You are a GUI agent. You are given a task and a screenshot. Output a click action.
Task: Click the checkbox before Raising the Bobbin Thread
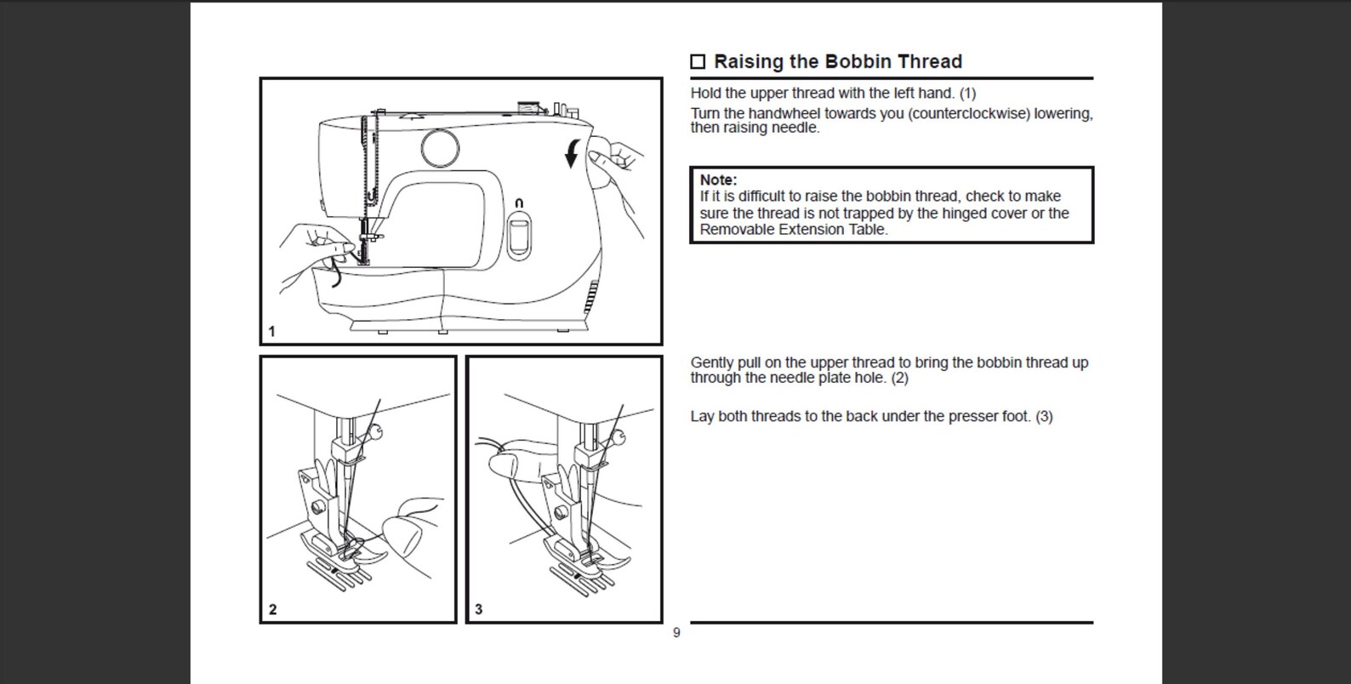tap(698, 61)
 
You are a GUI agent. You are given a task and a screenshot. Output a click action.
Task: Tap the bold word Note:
tap(718, 180)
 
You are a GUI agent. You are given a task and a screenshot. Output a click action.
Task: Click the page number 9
tap(676, 633)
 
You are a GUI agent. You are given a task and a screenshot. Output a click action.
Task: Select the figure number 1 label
tap(271, 331)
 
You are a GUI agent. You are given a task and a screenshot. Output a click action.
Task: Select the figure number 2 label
tap(272, 609)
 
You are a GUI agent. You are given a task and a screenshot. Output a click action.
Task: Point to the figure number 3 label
tap(478, 609)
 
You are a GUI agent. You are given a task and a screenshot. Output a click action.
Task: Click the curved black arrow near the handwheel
tap(573, 153)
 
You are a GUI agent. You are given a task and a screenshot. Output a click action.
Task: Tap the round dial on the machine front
tap(440, 147)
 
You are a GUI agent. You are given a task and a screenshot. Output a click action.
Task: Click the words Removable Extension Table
tap(793, 229)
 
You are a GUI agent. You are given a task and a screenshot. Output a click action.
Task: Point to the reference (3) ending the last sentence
tap(1044, 416)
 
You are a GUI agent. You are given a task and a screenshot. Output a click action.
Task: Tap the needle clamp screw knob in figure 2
tap(375, 431)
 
